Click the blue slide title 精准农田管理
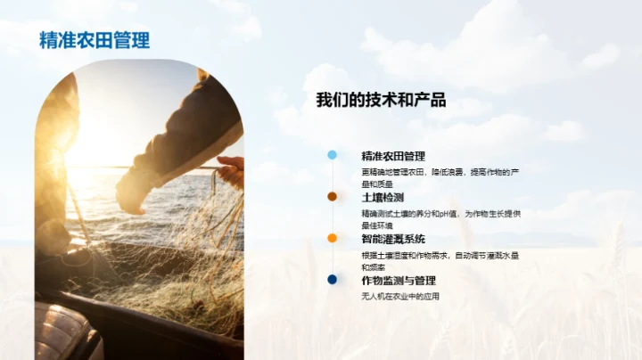(x=95, y=40)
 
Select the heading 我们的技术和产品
(x=381, y=100)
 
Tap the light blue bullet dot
(x=333, y=155)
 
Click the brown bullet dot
(x=333, y=196)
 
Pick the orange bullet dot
(x=333, y=238)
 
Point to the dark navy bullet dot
(x=333, y=279)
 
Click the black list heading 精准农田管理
(x=393, y=156)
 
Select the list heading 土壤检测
(x=383, y=197)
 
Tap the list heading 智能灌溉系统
(x=393, y=239)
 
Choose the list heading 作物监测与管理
(x=399, y=280)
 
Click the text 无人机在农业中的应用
(x=400, y=296)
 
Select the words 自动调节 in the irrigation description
(x=473, y=255)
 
